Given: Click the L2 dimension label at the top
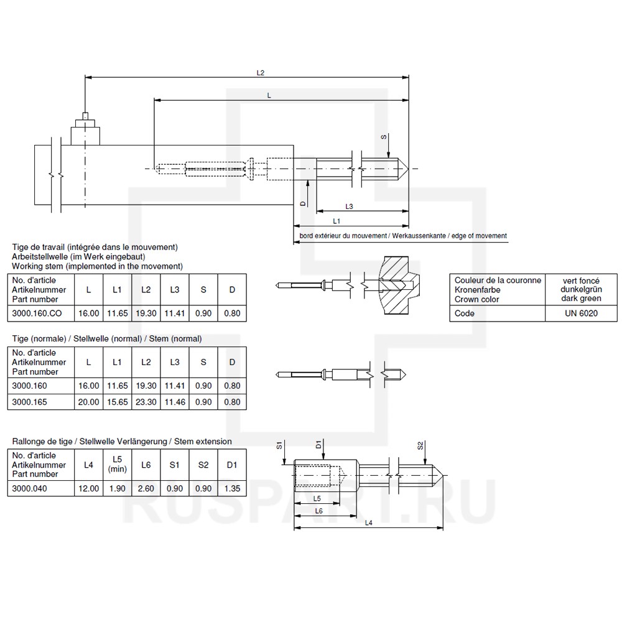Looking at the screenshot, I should [x=261, y=73].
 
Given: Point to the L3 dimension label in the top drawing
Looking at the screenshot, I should [x=349, y=207].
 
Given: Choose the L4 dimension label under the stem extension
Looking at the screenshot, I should [x=368, y=523].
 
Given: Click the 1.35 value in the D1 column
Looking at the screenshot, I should [x=231, y=489].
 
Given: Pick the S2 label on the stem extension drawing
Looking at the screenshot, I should [x=420, y=446].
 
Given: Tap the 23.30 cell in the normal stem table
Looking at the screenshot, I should [x=146, y=402].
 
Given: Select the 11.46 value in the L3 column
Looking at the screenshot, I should [x=174, y=402].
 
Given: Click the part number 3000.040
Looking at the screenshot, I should [x=30, y=489].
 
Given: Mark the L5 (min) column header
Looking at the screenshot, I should [x=117, y=465].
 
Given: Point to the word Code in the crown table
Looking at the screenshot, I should [x=465, y=313].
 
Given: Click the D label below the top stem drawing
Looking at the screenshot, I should [x=303, y=203].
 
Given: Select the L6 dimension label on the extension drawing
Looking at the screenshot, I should [x=318, y=511].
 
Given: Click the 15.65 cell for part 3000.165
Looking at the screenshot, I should [x=117, y=402].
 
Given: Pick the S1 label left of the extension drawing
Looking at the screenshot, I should [x=280, y=446].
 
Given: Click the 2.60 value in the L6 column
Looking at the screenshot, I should [x=146, y=489].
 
